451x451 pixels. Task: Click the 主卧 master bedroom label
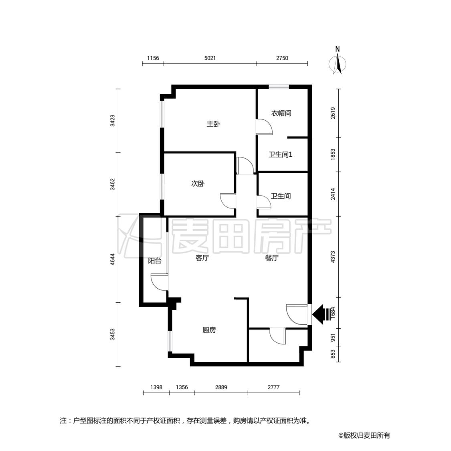pos(213,124)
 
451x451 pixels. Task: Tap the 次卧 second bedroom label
pos(198,184)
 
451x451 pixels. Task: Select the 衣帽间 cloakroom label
pos(281,113)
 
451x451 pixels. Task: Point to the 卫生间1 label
pos(281,155)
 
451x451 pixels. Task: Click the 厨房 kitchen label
pos(209,330)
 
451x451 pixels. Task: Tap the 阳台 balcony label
pos(155,261)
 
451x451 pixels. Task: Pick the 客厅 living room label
pos(202,258)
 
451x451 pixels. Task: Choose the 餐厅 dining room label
pos(272,258)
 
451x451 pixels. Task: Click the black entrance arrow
pos(322,314)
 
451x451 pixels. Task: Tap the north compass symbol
pos(338,61)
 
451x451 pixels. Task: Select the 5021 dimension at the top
pos(210,58)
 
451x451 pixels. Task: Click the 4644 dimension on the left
pos(113,259)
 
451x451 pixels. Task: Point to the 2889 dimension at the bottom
pos(221,387)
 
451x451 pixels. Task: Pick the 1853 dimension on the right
pos(333,154)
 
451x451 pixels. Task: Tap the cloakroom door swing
pos(264,127)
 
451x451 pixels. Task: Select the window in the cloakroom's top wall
pos(279,87)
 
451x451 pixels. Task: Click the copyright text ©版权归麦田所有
pos(364,435)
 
